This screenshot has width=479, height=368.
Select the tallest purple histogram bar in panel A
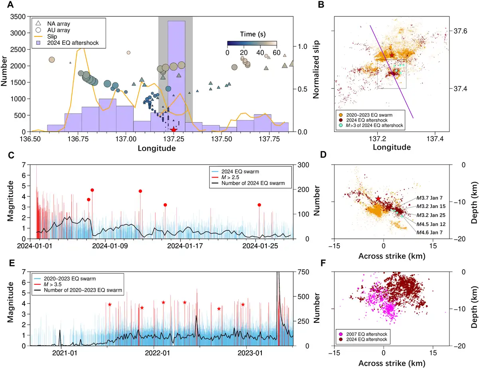[176, 76]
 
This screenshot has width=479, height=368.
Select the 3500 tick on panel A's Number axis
[19, 17]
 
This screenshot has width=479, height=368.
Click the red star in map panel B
[392, 55]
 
